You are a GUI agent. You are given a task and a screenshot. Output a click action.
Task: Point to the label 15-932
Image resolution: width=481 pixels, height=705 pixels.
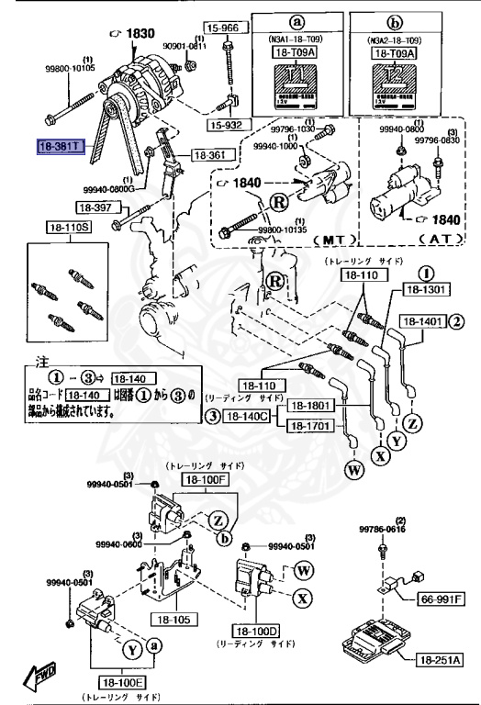click(x=226, y=124)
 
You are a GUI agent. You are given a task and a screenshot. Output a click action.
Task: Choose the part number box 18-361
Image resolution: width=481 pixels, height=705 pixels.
click(x=208, y=156)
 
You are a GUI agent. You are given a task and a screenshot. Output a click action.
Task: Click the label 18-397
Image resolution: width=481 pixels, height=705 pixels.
click(x=94, y=207)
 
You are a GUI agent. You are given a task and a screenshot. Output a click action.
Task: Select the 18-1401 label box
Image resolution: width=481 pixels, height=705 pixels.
click(x=421, y=321)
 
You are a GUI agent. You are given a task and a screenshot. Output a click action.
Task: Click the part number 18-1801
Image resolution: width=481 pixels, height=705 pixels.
click(x=309, y=405)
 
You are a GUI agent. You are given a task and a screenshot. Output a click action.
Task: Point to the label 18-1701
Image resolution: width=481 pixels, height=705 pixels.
click(x=309, y=426)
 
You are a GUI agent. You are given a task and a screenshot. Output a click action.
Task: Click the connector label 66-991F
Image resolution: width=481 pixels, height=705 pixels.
click(x=442, y=599)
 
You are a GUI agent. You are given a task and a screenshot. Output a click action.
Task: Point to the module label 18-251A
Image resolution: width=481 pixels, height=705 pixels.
click(x=442, y=660)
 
